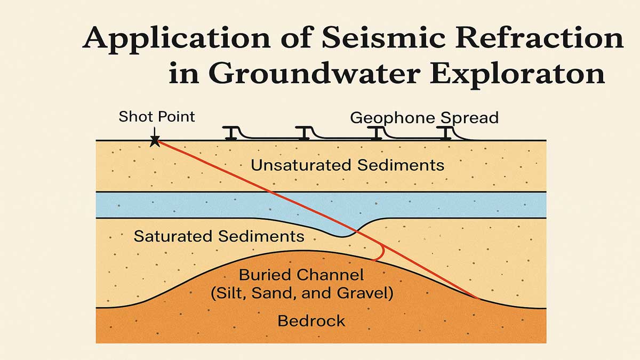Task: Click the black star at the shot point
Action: [155, 141]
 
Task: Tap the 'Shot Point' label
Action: [157, 116]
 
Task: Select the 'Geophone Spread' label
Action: [424, 117]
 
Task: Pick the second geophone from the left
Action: [303, 133]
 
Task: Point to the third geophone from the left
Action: [377, 133]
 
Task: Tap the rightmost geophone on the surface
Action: [445, 133]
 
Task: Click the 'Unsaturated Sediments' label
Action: [347, 165]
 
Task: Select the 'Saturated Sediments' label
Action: [219, 236]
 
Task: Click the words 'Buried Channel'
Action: [301, 275]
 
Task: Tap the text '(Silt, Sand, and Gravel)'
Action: [301, 293]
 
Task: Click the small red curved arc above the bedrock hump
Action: [380, 255]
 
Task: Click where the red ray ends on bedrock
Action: [478, 298]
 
